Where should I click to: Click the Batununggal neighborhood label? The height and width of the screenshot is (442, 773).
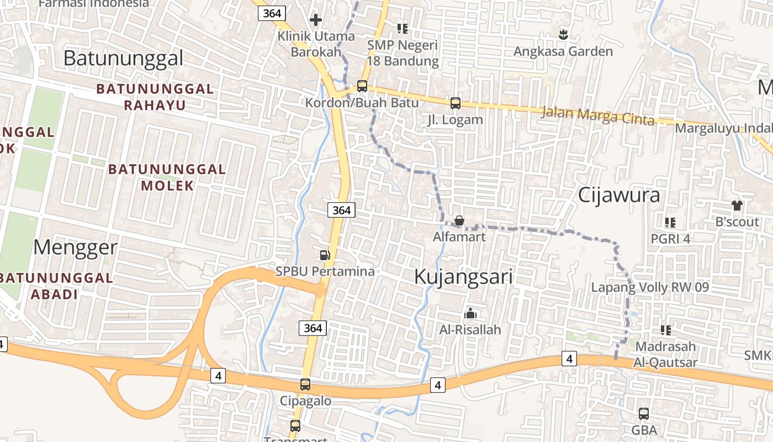(123, 57)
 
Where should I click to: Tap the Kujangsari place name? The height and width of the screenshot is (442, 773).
(463, 277)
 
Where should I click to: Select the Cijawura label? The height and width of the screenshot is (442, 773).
(619, 195)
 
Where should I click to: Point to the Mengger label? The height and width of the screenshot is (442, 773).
(75, 248)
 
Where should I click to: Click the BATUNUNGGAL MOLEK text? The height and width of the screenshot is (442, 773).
(167, 177)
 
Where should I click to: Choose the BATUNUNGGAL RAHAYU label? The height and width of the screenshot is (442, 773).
(155, 97)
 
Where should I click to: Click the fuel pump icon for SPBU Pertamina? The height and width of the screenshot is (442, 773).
(325, 255)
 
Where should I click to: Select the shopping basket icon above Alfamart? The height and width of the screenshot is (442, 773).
(459, 221)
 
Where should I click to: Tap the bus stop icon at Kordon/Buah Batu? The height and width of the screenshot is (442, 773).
(362, 86)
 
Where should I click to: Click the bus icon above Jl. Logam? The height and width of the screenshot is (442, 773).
(456, 103)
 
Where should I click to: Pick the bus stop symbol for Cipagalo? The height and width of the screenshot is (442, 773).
(305, 385)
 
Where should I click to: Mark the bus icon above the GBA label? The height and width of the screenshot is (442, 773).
(644, 413)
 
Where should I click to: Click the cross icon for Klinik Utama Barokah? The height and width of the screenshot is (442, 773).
(316, 20)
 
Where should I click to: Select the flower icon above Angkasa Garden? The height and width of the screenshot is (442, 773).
(563, 35)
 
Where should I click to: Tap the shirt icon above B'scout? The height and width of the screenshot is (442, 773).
(737, 206)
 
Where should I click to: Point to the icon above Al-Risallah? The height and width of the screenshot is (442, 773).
(470, 313)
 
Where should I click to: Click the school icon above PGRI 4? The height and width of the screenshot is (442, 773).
(670, 223)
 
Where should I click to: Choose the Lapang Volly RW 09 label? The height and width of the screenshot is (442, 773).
(650, 287)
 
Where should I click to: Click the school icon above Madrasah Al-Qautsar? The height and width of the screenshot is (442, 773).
(666, 330)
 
